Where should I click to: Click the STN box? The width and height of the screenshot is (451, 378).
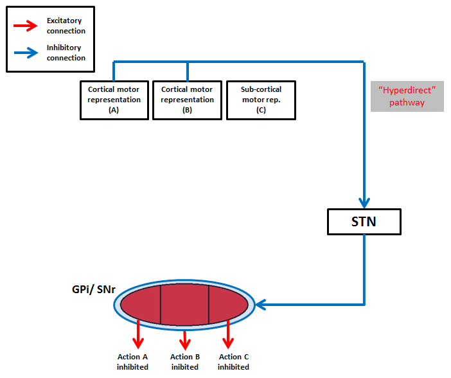click(364, 222)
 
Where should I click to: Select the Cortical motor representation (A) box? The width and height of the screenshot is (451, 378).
click(114, 100)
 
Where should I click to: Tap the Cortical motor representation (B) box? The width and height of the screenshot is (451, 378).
click(187, 100)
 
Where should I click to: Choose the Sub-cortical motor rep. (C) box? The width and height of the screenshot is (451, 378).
click(261, 100)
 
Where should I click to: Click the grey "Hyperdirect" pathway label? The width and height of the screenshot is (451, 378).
click(407, 96)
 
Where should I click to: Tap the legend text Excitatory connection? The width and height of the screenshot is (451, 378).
click(66, 26)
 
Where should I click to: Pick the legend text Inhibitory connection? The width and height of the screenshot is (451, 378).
click(66, 53)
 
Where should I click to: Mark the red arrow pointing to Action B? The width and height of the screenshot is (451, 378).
click(185, 337)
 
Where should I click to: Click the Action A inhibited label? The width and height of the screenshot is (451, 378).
click(132, 362)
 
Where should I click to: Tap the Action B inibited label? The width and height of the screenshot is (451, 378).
click(185, 362)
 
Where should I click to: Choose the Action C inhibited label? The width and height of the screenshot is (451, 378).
click(233, 362)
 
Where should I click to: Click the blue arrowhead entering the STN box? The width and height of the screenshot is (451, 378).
click(364, 202)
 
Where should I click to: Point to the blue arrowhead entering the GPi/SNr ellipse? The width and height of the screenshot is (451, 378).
click(261, 304)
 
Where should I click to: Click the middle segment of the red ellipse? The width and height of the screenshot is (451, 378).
click(184, 305)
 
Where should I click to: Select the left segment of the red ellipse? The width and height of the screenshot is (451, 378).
click(143, 305)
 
